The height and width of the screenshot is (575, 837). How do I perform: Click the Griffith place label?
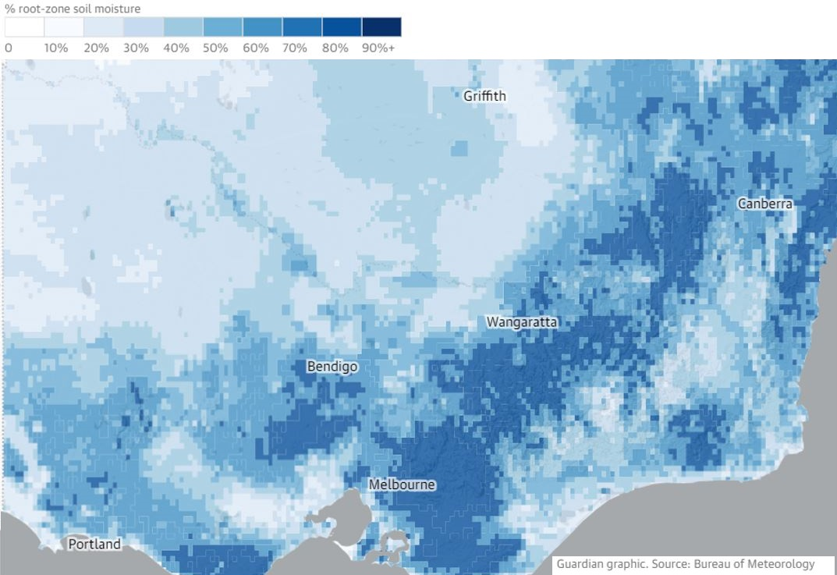[x=484, y=96]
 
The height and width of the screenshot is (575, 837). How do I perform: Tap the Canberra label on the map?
[x=765, y=204]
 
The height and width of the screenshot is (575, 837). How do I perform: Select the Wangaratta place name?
[x=522, y=321]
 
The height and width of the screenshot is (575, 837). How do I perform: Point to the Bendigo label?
[x=332, y=366]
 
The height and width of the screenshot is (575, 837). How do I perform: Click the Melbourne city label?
[x=402, y=484]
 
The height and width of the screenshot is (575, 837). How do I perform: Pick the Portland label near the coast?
[x=94, y=544]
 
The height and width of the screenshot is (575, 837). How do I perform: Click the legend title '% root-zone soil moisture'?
[x=73, y=9]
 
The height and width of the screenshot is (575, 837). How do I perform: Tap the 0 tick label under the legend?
[x=9, y=48]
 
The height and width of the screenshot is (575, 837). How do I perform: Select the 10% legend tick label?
[x=55, y=48]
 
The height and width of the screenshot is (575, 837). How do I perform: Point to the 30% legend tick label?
[x=136, y=48]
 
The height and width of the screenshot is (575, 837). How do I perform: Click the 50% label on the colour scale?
[x=216, y=48]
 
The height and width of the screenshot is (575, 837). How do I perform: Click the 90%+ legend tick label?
[x=379, y=48]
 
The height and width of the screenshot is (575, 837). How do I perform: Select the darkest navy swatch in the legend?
[x=381, y=27]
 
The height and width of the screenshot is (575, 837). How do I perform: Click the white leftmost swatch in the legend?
[x=24, y=27]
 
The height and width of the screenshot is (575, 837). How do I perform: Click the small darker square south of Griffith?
[x=460, y=148]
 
